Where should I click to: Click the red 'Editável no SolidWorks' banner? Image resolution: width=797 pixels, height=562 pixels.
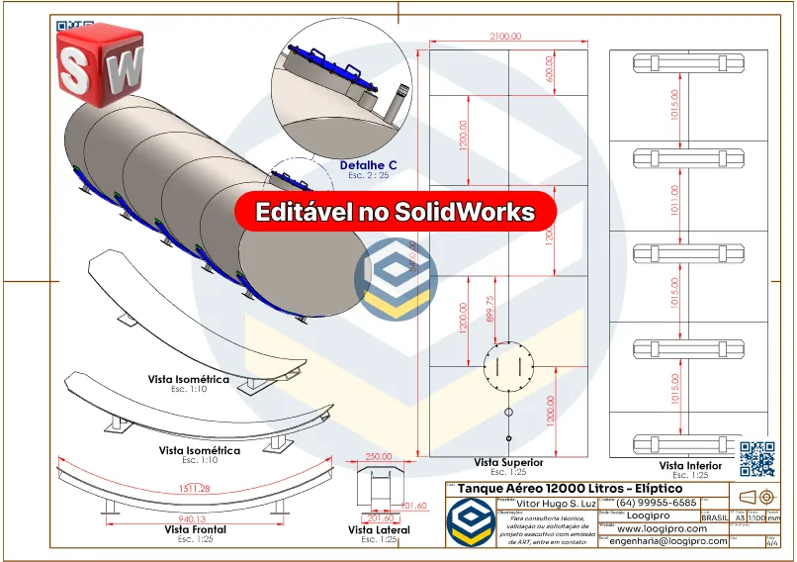tap(396, 212)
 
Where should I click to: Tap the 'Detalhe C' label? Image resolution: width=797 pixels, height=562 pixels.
tap(368, 164)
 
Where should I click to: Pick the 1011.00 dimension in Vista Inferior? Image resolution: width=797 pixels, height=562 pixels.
tap(675, 199)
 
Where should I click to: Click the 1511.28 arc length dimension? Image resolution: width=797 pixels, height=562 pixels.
tap(194, 488)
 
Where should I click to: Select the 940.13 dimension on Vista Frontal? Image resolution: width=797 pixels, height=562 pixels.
tap(192, 517)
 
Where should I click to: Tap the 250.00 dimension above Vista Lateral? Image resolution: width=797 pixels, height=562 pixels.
tap(378, 457)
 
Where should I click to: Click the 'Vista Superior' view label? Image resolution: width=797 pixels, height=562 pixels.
tap(508, 462)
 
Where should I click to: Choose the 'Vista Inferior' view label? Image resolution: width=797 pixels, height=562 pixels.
tap(689, 465)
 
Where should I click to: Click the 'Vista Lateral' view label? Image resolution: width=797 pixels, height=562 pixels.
tap(379, 530)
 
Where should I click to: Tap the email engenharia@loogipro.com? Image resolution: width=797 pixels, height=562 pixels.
tap(668, 541)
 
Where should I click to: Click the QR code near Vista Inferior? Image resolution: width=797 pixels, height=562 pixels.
tap(756, 456)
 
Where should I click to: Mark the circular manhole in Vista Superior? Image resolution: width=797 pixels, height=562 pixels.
tap(508, 367)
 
